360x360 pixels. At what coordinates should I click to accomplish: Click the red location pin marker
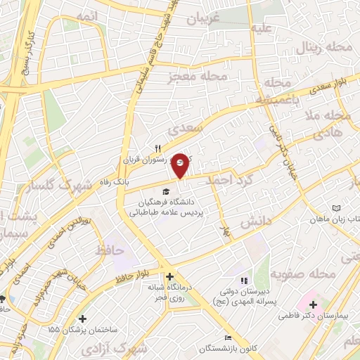point(181,165)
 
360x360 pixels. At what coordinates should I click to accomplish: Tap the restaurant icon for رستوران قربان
point(159,148)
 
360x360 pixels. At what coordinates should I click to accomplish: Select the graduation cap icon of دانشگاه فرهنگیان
point(166,191)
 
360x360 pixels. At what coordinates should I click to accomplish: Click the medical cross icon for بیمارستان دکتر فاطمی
point(313,304)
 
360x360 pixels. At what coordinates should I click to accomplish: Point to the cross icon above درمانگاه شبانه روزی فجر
point(169,276)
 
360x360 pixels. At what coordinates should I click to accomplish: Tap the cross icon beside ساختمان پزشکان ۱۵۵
point(84,319)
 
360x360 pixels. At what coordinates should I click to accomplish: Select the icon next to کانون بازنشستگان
point(227,338)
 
